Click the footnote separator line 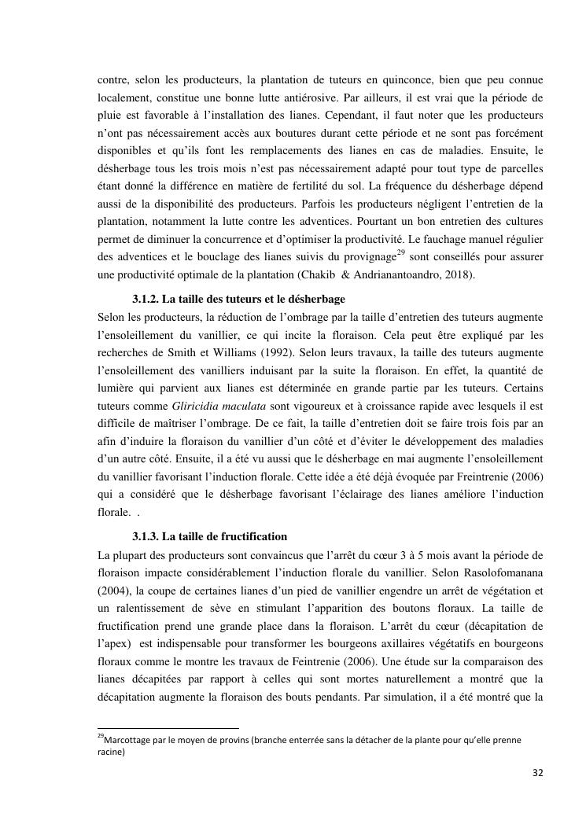point(168,729)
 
